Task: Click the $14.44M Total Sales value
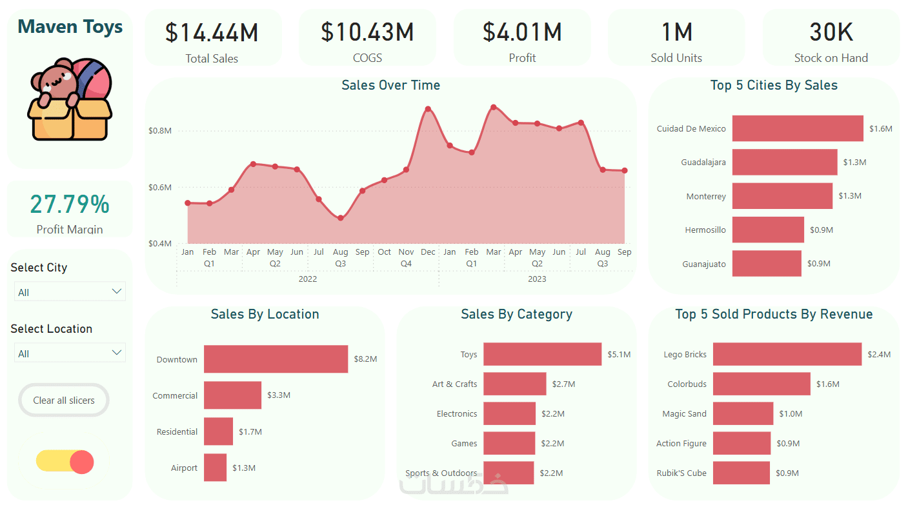pyautogui.click(x=212, y=32)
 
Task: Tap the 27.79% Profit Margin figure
pyautogui.click(x=70, y=204)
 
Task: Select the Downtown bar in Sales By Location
pyautogui.click(x=276, y=359)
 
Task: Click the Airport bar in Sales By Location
pyautogui.click(x=215, y=468)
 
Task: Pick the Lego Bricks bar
pyautogui.click(x=787, y=354)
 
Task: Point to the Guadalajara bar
pyautogui.click(x=784, y=163)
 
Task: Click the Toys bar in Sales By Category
pyautogui.click(x=542, y=354)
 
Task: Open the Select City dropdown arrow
pyautogui.click(x=117, y=292)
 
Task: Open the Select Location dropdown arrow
pyautogui.click(x=117, y=353)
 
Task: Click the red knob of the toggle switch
pyautogui.click(x=82, y=462)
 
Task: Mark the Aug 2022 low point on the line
pyautogui.click(x=341, y=218)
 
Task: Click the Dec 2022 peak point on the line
pyautogui.click(x=428, y=109)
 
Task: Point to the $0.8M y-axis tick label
pyautogui.click(x=159, y=130)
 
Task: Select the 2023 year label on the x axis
pyautogui.click(x=537, y=279)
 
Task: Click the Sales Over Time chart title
pyautogui.click(x=390, y=85)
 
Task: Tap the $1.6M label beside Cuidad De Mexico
pyautogui.click(x=880, y=129)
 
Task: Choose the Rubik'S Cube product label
pyautogui.click(x=681, y=473)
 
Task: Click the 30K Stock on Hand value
pyautogui.click(x=831, y=32)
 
